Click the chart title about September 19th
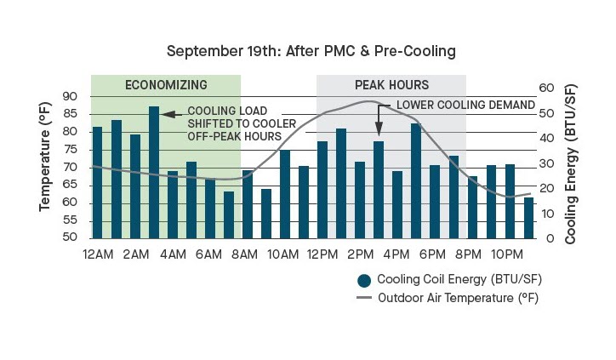click(311, 51)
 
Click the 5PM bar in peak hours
click(416, 180)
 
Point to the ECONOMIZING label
click(166, 85)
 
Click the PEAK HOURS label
click(391, 85)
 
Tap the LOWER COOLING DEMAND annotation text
click(465, 105)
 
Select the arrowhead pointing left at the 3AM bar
click(169, 113)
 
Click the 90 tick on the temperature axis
click(70, 96)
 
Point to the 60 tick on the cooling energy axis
click(549, 88)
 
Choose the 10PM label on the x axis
click(509, 254)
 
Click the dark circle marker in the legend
click(365, 280)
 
